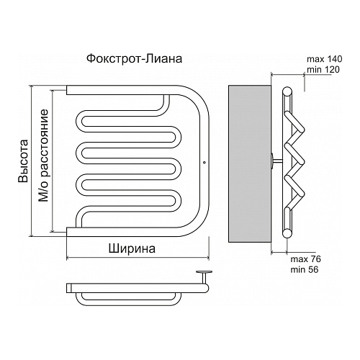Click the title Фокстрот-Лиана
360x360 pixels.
(x=134, y=58)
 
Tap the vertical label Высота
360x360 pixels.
(x=24, y=161)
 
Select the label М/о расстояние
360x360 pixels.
(x=44, y=156)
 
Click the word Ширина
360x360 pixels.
(x=132, y=249)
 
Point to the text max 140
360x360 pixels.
(x=325, y=59)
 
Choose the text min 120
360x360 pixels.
(x=323, y=70)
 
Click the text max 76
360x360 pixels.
(x=305, y=259)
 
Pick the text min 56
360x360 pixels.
(x=305, y=270)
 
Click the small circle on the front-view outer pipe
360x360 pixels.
(x=204, y=163)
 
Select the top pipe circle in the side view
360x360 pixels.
(x=287, y=91)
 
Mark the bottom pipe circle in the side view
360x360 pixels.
(x=287, y=233)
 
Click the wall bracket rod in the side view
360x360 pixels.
(x=276, y=161)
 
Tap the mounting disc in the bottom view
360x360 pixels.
(x=204, y=272)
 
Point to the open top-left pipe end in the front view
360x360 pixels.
(x=67, y=90)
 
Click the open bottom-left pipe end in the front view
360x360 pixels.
(x=67, y=232)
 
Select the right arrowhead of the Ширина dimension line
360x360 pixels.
(x=207, y=258)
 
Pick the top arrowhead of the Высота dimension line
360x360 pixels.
(x=31, y=87)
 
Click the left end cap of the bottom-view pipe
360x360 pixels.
(x=69, y=288)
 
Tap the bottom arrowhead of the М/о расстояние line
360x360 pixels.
(x=52, y=230)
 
